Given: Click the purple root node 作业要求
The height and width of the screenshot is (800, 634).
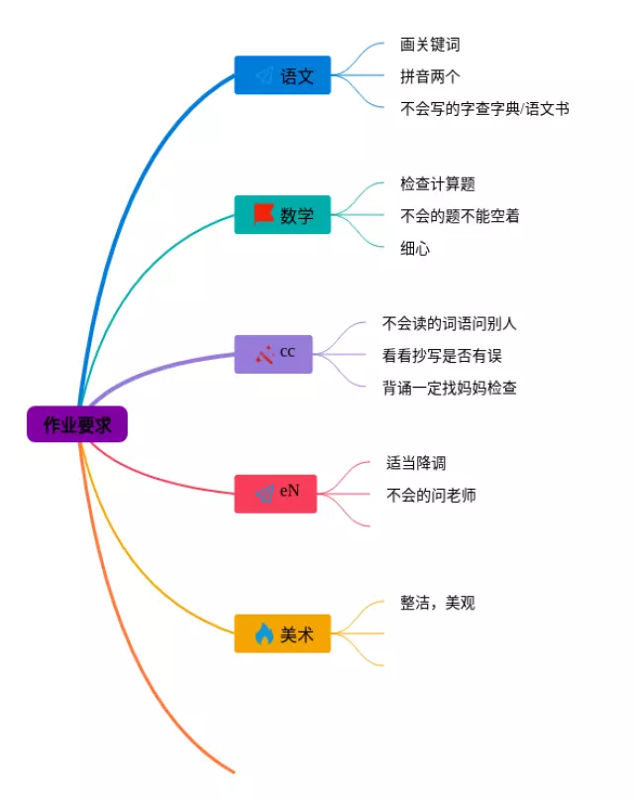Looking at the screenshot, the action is [77, 424].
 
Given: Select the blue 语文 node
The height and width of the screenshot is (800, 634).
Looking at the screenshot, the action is [282, 75].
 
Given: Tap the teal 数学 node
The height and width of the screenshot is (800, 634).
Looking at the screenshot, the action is [282, 215].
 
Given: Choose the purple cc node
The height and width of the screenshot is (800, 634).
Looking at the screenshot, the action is [273, 354].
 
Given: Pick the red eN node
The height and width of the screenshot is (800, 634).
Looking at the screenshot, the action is [275, 494].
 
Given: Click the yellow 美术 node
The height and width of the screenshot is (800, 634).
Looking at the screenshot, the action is [282, 633].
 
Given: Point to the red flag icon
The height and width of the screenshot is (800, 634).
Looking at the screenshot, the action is [264, 214].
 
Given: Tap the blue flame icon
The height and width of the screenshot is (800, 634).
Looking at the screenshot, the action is [264, 633].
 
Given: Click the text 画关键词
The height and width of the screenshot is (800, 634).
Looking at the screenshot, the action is [430, 45].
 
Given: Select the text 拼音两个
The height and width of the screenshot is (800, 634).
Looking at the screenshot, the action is [430, 76].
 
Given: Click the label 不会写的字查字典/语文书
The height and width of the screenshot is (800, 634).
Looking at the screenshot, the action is [484, 109].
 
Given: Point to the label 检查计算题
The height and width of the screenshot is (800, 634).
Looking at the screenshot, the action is [438, 183].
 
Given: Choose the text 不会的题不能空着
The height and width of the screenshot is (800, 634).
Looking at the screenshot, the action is [460, 216].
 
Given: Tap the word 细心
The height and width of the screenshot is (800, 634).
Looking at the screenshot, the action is [415, 249].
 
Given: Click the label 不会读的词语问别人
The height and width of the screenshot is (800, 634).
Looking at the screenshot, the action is [450, 323].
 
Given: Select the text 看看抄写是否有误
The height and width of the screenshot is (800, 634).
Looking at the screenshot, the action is [442, 356].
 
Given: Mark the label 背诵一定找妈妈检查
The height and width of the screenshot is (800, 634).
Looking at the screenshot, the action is [450, 388].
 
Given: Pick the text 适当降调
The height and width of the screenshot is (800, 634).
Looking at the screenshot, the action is [416, 463].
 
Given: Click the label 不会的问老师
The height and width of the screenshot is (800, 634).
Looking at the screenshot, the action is [431, 495].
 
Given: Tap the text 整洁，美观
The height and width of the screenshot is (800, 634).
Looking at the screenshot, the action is [438, 603].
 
